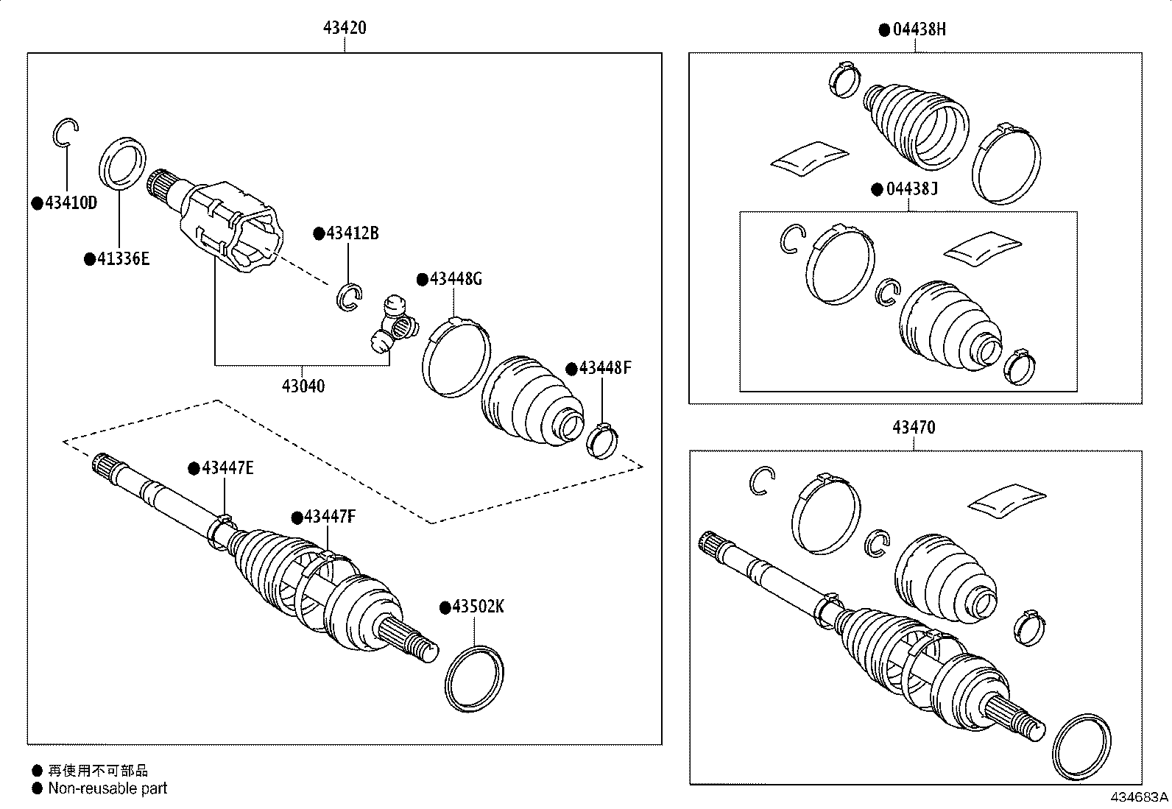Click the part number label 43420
(345, 29)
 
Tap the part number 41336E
(123, 258)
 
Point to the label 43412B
(352, 233)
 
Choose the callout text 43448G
(456, 279)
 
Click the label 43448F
(604, 368)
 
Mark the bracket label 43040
(303, 386)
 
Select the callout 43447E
(227, 468)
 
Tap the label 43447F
(329, 517)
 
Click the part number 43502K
(478, 607)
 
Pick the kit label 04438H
(919, 29)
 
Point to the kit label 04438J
(911, 189)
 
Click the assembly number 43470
(914, 428)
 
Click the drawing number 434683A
(1140, 797)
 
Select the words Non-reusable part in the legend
(107, 788)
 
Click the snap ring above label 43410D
(65, 132)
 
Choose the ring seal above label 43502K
(475, 679)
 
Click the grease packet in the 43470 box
(1006, 500)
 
